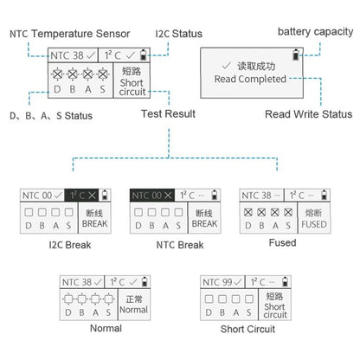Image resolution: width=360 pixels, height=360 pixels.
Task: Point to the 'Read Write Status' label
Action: click(308, 113)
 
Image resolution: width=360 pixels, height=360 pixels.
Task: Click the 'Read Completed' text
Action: click(250, 79)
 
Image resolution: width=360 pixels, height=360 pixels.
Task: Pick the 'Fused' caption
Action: click(282, 243)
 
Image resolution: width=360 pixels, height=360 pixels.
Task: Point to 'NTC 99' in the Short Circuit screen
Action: click(216, 282)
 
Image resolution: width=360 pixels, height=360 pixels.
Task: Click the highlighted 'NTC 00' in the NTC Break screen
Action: click(145, 196)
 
